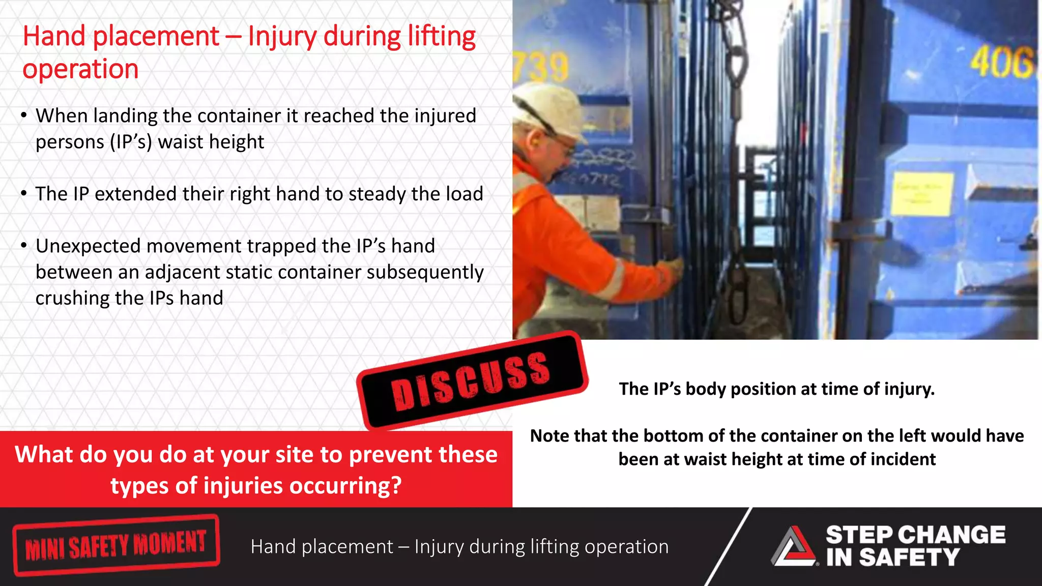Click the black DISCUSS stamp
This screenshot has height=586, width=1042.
point(472,380)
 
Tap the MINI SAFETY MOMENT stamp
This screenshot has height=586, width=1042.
point(116,545)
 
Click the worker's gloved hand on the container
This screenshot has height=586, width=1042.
point(674,267)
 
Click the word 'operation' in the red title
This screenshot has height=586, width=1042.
point(80,69)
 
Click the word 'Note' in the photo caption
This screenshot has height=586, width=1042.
point(548,436)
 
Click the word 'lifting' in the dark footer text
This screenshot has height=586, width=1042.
point(554,547)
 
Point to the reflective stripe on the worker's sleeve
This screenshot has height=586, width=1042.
point(615,279)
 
